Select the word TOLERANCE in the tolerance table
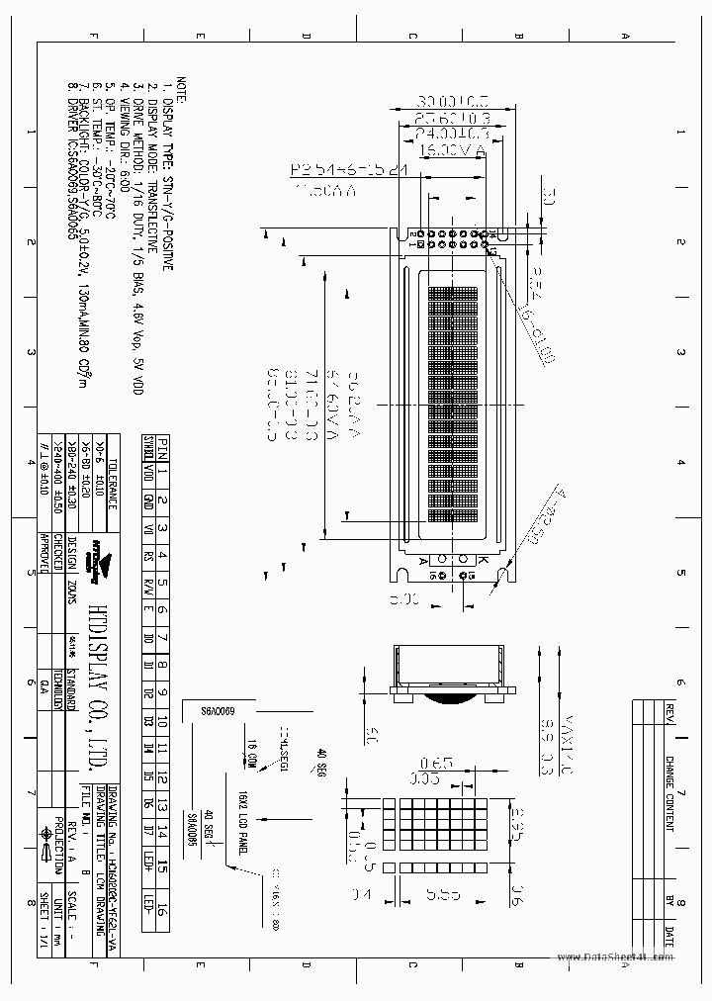pos(112,488)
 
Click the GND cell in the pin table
pos(147,501)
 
